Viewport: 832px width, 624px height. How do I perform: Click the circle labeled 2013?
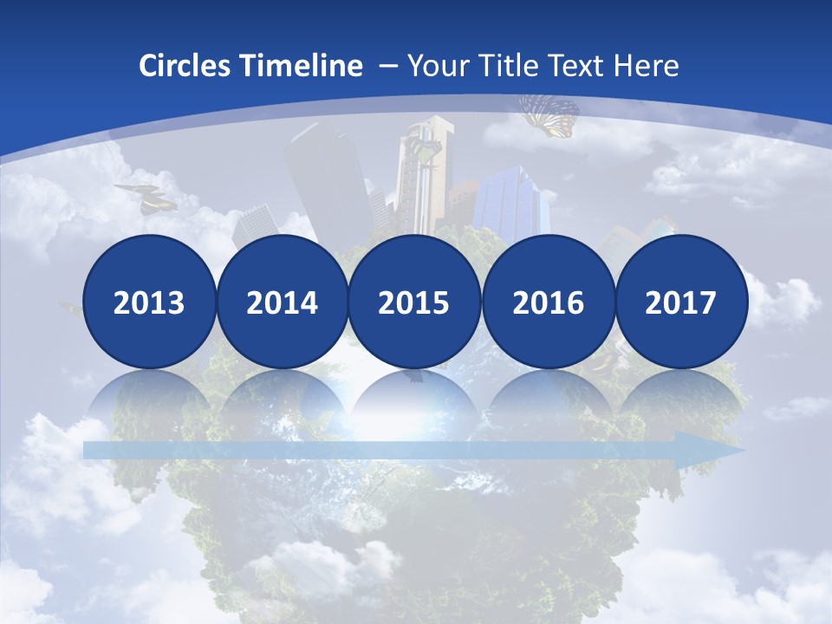pos(149,302)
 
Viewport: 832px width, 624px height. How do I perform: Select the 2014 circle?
pos(282,302)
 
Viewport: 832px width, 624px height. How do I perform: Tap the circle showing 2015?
pos(414,302)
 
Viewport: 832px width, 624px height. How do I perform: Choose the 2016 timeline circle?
pos(548,302)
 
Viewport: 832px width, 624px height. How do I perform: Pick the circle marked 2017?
pos(680,302)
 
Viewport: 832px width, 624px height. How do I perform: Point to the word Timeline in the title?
pos(302,66)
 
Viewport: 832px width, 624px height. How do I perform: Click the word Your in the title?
pos(435,66)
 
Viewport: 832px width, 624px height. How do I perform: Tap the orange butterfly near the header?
pos(549,115)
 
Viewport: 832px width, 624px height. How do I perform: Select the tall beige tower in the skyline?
pos(423,173)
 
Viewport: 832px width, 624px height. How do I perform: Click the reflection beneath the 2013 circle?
pos(149,399)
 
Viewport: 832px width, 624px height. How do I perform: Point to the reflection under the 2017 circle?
pos(680,399)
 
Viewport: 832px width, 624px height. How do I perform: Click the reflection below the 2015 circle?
pos(414,399)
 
